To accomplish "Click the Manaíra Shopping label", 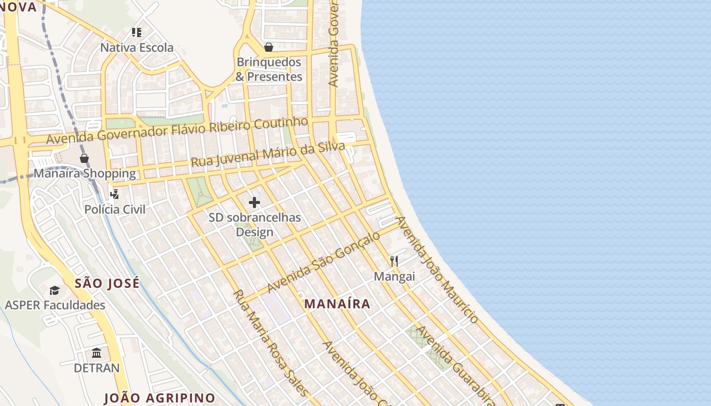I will (x=85, y=174).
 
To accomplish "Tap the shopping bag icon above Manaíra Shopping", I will (x=84, y=158).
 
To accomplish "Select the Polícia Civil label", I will (x=115, y=209).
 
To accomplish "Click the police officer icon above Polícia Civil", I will (x=115, y=194).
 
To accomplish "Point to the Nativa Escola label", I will (x=137, y=48).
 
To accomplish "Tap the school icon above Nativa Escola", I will (x=136, y=32).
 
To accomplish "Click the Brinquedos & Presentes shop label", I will (x=269, y=70).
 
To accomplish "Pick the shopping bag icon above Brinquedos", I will (x=269, y=47).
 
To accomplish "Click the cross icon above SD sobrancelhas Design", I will (x=254, y=203).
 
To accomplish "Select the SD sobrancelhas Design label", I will (x=255, y=225).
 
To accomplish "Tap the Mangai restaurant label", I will (x=394, y=277).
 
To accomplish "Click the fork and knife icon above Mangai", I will (x=394, y=261).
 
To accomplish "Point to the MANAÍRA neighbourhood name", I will (x=337, y=304).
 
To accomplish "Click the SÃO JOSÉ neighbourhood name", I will (x=107, y=283).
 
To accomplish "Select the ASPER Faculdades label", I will (x=55, y=305).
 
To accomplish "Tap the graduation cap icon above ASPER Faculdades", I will (x=54, y=290).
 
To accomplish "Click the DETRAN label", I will (x=97, y=368).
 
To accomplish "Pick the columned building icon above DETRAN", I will (x=96, y=353).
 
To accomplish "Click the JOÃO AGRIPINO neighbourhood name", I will (x=159, y=398).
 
